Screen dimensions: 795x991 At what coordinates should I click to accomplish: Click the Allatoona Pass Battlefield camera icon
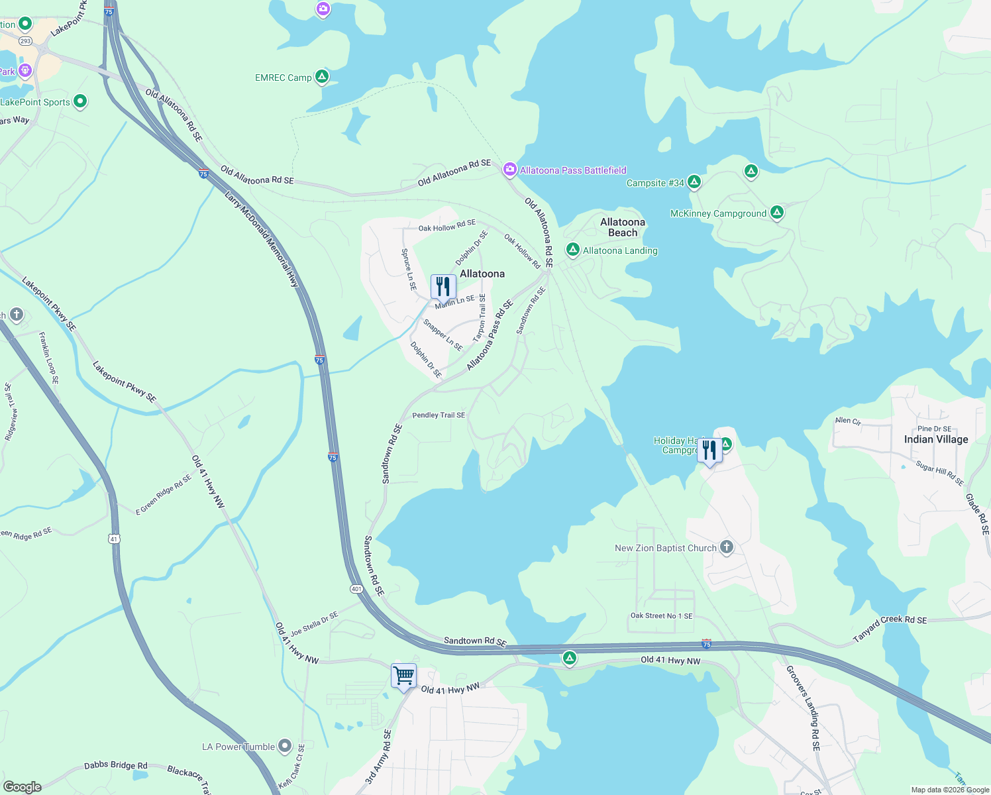tap(509, 170)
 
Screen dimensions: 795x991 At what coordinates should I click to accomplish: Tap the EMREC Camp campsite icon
tap(322, 78)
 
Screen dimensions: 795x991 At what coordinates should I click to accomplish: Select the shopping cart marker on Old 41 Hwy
tap(403, 676)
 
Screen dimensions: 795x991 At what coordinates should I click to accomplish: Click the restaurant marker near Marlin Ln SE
tap(443, 288)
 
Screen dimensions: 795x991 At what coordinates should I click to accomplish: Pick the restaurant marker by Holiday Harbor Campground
tap(709, 451)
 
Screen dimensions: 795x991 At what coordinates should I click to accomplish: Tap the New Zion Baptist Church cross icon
tap(727, 547)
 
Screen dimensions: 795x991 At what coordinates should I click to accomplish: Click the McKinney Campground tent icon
tap(777, 213)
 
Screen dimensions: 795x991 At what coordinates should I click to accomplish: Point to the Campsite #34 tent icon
tap(694, 182)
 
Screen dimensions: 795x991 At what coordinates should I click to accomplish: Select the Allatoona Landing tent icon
tap(573, 250)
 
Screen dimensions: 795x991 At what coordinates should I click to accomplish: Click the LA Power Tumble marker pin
tap(285, 747)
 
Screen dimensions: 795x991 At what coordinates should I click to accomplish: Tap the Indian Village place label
tap(936, 439)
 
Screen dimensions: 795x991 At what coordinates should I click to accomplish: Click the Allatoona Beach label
tap(623, 227)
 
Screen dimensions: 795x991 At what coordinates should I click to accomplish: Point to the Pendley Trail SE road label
tap(439, 415)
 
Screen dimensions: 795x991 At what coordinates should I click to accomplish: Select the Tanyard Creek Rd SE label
tap(890, 628)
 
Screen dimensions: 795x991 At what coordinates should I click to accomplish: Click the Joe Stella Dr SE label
tap(314, 623)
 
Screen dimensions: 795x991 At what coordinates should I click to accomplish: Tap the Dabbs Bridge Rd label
tap(116, 766)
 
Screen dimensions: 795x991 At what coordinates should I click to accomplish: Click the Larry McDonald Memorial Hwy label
tap(262, 239)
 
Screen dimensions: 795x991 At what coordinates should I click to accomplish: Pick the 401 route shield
tap(356, 589)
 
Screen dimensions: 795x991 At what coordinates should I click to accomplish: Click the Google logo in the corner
tap(22, 787)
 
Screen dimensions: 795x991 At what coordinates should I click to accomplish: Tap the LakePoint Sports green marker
tap(80, 101)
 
